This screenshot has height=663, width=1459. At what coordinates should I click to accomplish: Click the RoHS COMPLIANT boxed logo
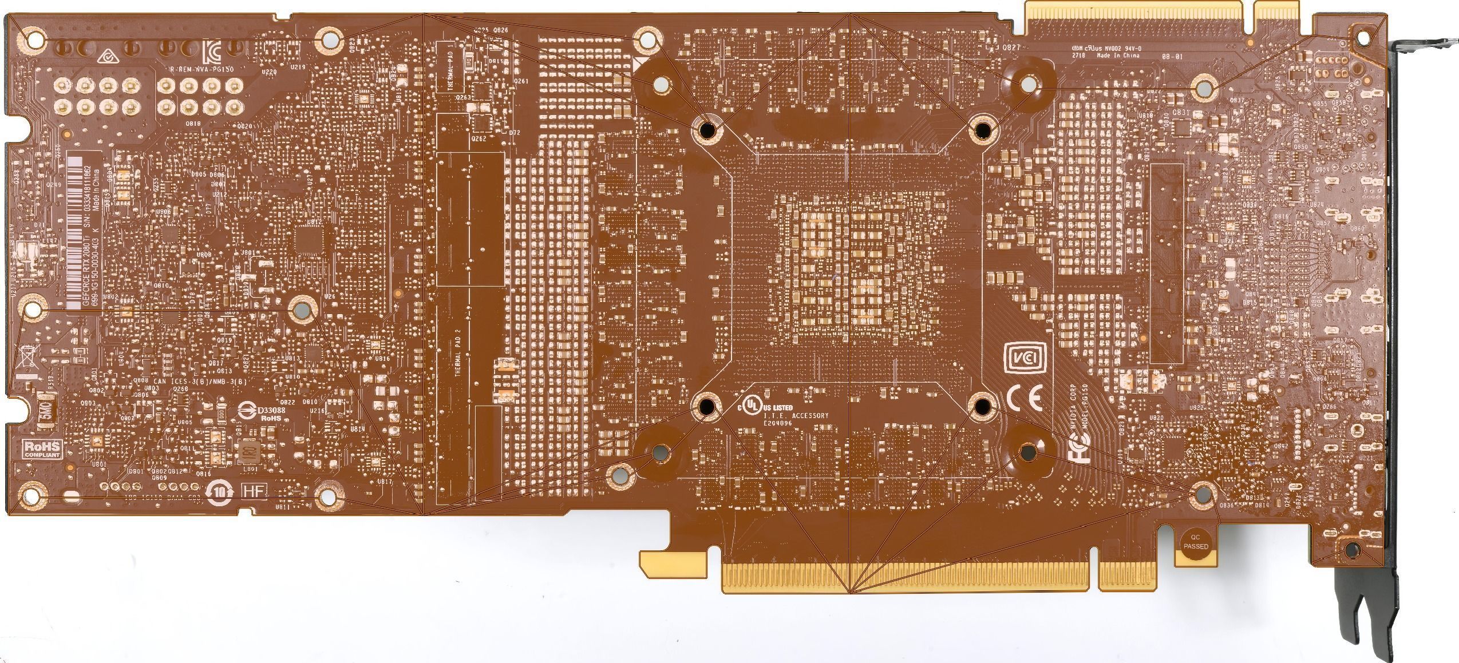41,448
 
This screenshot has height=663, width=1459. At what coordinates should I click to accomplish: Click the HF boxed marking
252,490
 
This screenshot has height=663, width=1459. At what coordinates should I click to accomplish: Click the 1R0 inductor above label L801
248,451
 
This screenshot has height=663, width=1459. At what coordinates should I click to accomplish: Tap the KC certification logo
210,50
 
